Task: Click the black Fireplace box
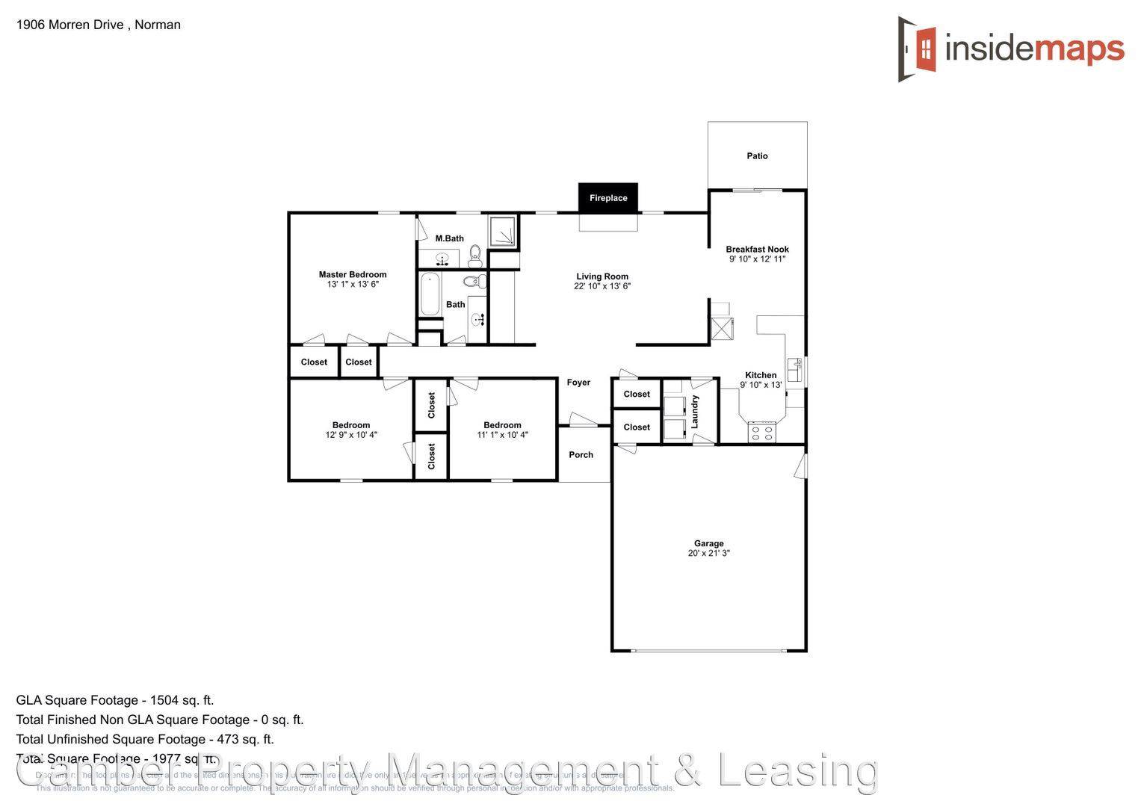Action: [607, 198]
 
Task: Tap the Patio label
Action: [757, 156]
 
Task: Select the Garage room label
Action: [708, 543]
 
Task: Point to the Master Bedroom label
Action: [353, 274]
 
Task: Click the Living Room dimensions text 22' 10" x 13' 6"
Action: [602, 286]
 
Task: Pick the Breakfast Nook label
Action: [757, 250]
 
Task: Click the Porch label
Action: [581, 455]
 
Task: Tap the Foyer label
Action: [578, 383]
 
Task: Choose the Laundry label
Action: [695, 412]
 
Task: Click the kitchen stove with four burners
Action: [762, 432]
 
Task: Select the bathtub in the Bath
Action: [430, 294]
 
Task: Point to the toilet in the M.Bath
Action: [474, 256]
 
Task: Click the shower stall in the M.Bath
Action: [503, 232]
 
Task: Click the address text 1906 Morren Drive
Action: [70, 25]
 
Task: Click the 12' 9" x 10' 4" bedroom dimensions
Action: [351, 435]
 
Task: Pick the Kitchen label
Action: [761, 375]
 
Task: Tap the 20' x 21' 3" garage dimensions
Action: [708, 554]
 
